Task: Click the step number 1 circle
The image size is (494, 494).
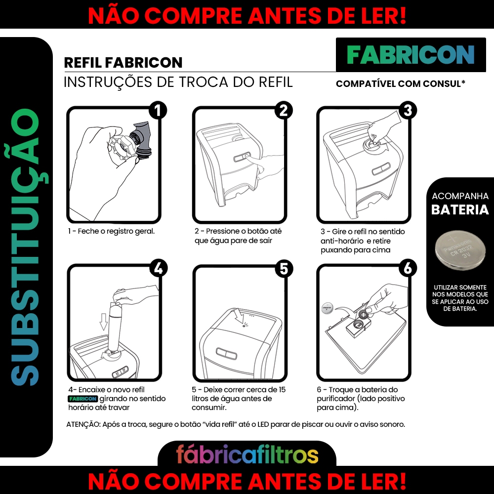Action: click(158, 111)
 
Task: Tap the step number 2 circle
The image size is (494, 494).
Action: click(284, 111)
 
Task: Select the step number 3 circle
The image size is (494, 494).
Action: click(408, 111)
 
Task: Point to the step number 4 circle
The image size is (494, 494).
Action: click(158, 268)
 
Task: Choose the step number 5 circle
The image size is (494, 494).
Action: click(284, 269)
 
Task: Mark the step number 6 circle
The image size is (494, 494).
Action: click(408, 268)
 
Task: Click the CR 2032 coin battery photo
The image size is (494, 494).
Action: click(460, 250)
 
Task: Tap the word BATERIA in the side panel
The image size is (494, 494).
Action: click(460, 210)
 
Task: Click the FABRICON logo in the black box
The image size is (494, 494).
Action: click(411, 55)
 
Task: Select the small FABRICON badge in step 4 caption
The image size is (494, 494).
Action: click(83, 399)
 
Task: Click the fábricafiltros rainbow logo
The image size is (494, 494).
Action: click(247, 454)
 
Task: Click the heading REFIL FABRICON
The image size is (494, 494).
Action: click(123, 62)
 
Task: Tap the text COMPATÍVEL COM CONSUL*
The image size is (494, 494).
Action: click(401, 84)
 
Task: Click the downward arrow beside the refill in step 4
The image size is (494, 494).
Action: click(104, 322)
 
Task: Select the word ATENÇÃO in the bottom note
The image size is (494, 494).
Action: click(83, 424)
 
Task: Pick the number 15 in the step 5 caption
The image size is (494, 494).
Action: click(282, 390)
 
